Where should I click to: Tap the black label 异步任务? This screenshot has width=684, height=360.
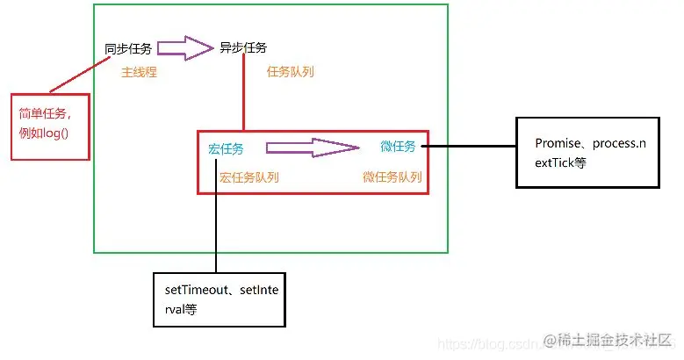coord(243,47)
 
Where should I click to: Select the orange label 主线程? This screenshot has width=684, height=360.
coord(139,72)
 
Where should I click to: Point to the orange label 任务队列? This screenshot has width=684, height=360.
coord(290,72)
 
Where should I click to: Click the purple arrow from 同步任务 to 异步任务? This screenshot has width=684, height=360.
coord(186,47)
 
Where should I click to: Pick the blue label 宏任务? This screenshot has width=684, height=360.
coord(226,149)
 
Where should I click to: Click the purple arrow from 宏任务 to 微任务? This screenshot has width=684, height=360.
coord(312,148)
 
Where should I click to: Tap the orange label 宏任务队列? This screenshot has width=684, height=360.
coord(249,176)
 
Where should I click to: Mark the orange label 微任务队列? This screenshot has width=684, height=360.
coord(392,176)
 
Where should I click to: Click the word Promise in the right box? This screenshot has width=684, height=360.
coord(559,142)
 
